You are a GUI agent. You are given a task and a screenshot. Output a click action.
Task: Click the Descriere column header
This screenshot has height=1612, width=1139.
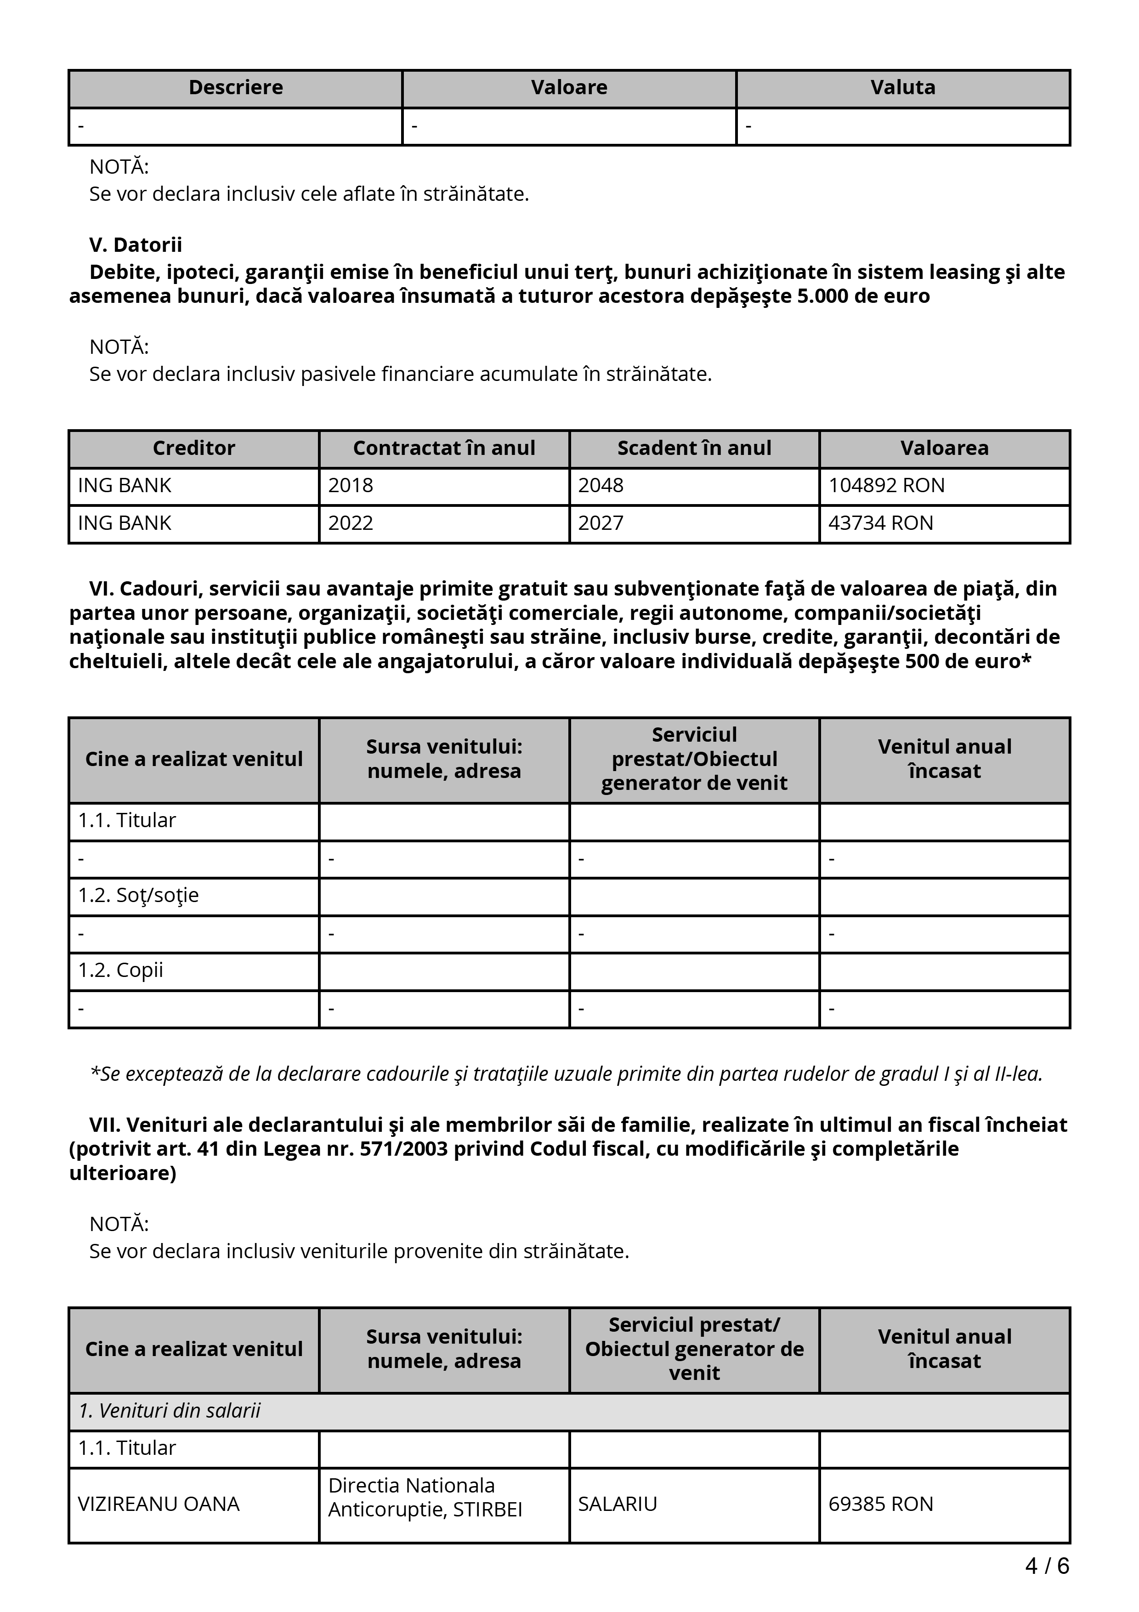pos(236,88)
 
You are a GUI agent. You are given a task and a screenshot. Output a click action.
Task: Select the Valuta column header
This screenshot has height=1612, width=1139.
pos(902,88)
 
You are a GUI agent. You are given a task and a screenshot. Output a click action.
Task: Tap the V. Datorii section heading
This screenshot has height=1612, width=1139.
pos(136,245)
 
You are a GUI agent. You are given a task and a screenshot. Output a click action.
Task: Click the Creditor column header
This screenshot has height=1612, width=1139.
pos(194,448)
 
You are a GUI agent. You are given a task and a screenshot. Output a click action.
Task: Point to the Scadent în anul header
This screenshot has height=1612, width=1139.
pos(694,448)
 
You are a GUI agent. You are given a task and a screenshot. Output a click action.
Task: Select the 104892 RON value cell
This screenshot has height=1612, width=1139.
pos(886,486)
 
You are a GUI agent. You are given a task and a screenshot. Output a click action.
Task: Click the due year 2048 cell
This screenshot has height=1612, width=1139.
pos(600,486)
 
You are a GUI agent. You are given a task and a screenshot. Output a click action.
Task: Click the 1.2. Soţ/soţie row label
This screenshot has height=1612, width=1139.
pos(138,895)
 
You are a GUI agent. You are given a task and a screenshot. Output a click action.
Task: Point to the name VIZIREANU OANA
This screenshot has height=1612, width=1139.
pos(159,1504)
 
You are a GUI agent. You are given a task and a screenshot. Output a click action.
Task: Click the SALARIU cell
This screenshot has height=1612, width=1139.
pos(618,1504)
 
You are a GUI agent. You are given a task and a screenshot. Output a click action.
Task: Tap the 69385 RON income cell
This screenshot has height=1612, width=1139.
pos(881,1504)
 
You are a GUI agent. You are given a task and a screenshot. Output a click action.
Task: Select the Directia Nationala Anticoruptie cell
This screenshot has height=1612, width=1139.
pos(425,1498)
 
